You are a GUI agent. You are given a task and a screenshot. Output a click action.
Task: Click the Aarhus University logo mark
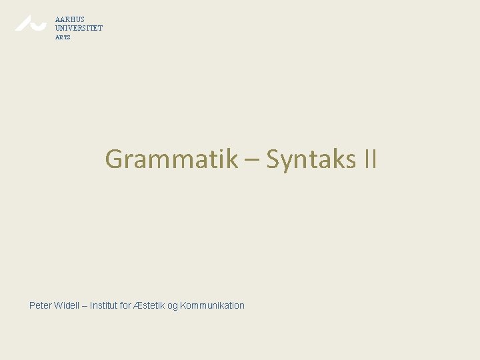31,23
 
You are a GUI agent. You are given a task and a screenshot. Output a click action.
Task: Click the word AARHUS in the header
70,19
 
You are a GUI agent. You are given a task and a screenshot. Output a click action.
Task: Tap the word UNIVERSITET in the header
79,28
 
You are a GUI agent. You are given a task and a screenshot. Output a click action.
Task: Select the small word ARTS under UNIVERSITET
63,37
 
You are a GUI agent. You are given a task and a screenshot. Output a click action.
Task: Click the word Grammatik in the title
171,159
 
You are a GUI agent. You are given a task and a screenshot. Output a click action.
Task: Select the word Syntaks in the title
311,160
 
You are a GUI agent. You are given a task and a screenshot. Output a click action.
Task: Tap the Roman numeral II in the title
370,159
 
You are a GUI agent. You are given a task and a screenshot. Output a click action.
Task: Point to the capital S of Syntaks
273,159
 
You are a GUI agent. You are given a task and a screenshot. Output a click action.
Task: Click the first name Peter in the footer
41,305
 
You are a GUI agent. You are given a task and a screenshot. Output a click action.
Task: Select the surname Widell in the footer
68,305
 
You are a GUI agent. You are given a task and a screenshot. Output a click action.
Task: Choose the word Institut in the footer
104,305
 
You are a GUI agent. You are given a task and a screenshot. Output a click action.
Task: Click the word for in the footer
127,305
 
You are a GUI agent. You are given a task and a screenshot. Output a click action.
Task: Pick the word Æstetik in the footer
149,305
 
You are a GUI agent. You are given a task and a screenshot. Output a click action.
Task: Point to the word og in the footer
173,306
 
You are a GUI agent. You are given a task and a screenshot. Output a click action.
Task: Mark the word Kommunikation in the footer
213,305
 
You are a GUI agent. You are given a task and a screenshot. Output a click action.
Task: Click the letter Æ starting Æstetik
138,305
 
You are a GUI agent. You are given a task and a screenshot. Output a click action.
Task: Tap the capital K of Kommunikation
183,305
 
